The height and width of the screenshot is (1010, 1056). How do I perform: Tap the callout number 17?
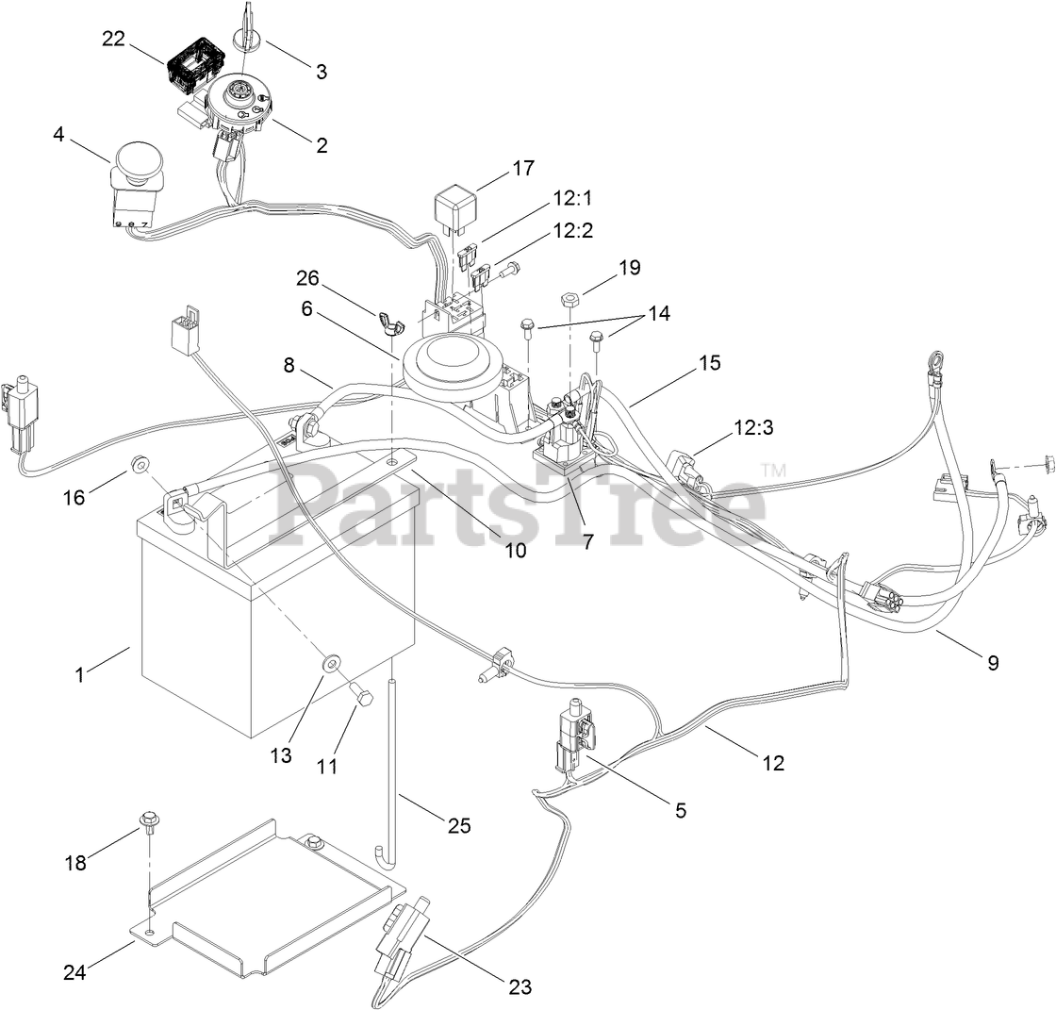point(523,169)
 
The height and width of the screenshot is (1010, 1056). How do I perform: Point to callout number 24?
point(74,972)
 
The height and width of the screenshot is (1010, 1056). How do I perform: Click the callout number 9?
point(992,662)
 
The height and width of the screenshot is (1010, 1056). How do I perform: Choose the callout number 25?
point(458,826)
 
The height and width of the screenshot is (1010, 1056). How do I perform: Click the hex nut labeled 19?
point(569,300)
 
